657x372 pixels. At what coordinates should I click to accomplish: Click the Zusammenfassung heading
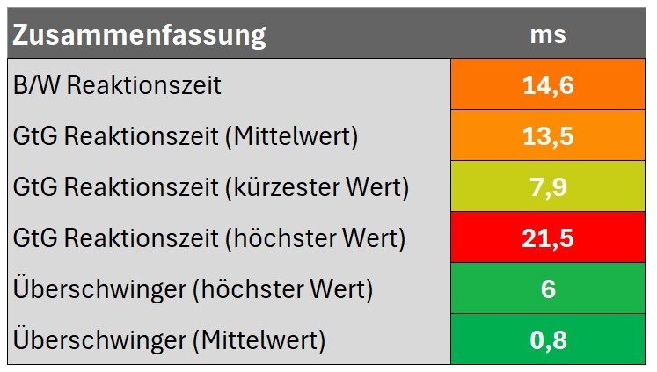pyautogui.click(x=139, y=36)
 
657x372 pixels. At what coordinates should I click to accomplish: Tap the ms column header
pyautogui.click(x=547, y=35)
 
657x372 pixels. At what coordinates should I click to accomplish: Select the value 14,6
pyautogui.click(x=547, y=86)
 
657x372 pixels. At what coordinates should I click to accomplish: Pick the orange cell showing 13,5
pyautogui.click(x=547, y=136)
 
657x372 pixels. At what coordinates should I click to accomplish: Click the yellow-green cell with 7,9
pyautogui.click(x=547, y=187)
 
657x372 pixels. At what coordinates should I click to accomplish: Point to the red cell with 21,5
pyautogui.click(x=547, y=238)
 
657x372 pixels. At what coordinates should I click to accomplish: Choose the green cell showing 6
pyautogui.click(x=547, y=289)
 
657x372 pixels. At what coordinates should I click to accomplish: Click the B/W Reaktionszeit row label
pyautogui.click(x=117, y=86)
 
